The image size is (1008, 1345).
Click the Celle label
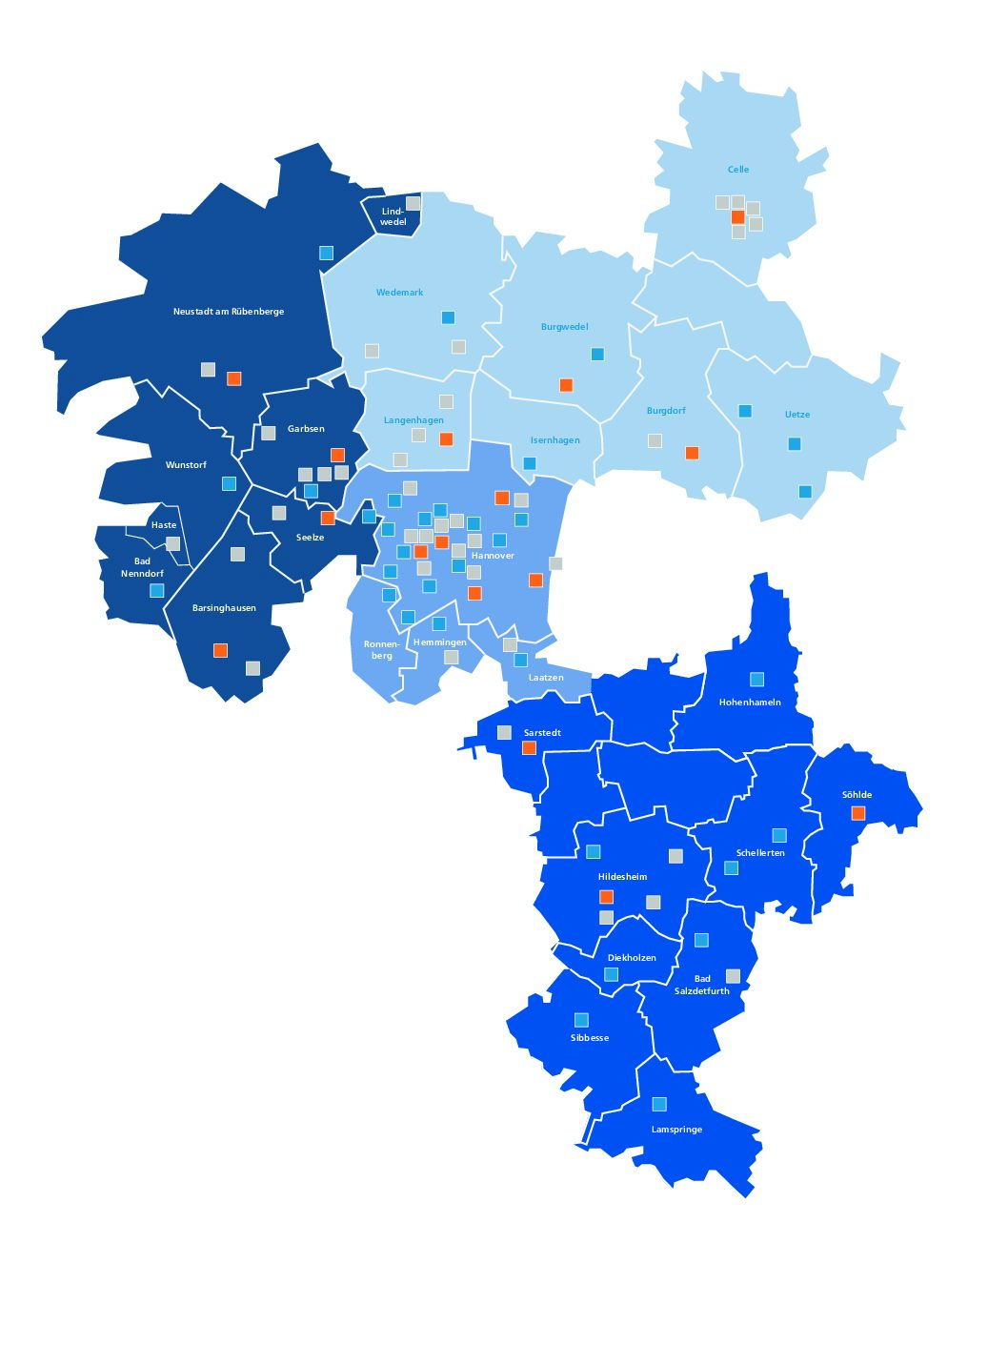click(x=738, y=170)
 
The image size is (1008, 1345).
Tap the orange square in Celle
click(x=737, y=217)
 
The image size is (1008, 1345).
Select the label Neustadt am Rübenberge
click(x=229, y=312)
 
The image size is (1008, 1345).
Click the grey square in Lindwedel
click(x=413, y=203)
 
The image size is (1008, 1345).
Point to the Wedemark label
click(x=399, y=293)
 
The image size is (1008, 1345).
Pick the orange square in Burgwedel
click(x=566, y=385)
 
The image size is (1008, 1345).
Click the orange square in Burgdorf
click(x=692, y=453)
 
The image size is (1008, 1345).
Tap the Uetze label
click(x=797, y=415)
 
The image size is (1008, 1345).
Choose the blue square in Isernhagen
click(x=530, y=463)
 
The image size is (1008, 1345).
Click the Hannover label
click(x=493, y=556)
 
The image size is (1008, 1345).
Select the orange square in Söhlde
click(x=858, y=813)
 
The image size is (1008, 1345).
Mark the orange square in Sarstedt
click(x=530, y=748)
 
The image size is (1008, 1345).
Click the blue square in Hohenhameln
click(x=756, y=680)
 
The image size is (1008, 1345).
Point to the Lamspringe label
click(x=676, y=1130)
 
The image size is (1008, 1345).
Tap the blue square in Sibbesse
click(x=581, y=1020)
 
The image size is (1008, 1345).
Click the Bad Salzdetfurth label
click(x=702, y=985)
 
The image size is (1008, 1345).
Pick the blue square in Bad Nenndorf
click(x=157, y=590)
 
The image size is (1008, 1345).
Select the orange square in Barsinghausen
click(x=220, y=650)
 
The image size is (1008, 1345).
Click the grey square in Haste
click(x=172, y=543)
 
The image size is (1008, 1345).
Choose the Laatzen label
click(x=546, y=678)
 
